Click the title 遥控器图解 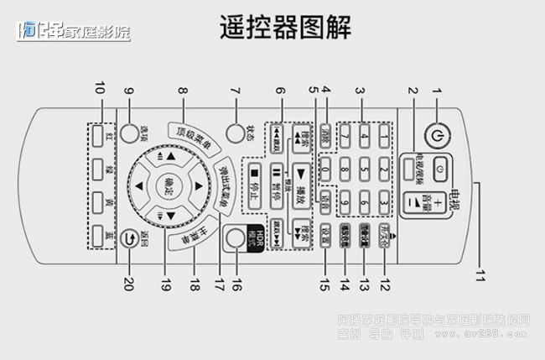point(285,29)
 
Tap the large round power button point(433,134)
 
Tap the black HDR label point(259,236)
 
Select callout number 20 point(129,284)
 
